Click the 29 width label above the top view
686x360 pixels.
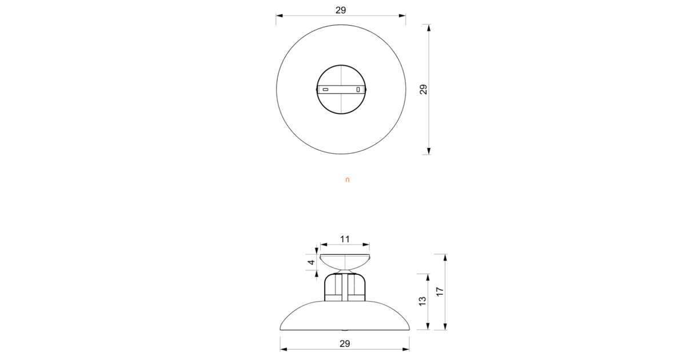(341, 10)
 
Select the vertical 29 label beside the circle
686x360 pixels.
(423, 89)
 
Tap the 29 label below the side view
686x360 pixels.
(345, 344)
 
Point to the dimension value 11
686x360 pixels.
(345, 239)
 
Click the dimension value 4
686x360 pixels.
(311, 262)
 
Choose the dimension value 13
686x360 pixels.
(422, 301)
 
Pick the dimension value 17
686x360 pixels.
(440, 291)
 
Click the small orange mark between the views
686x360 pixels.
(347, 180)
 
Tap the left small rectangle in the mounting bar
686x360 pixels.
(325, 90)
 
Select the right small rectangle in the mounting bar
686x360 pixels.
(358, 89)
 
